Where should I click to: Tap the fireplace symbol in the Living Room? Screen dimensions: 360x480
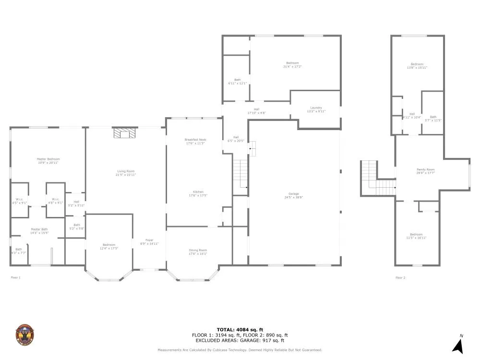(x=124, y=132)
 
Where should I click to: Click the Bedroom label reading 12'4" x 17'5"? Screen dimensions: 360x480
(x=109, y=246)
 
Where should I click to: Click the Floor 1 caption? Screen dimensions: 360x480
(x=16, y=277)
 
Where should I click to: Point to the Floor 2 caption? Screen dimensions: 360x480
(x=400, y=277)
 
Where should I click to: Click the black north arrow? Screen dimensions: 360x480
(x=457, y=345)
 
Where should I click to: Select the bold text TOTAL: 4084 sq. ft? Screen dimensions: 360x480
(x=240, y=330)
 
